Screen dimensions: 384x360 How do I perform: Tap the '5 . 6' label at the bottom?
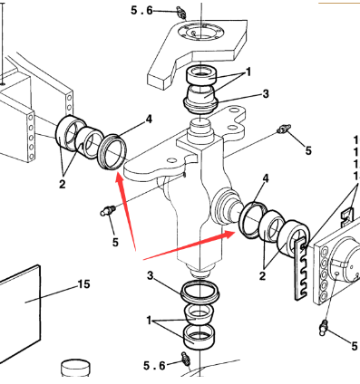coord(155,365)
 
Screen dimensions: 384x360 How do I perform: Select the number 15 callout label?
coord(83,284)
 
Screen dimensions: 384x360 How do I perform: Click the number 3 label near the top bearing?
coord(266,93)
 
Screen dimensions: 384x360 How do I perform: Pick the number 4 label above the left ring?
coord(149,119)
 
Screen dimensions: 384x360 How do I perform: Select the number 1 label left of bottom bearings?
coord(149,321)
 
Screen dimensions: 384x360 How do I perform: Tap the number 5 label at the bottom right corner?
coord(353,345)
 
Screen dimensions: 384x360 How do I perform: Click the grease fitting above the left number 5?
coord(106,212)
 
